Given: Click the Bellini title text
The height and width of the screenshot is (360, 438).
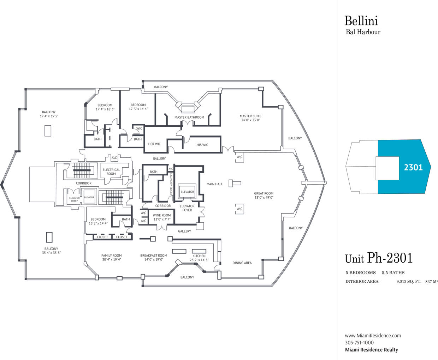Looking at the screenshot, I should pos(361,21).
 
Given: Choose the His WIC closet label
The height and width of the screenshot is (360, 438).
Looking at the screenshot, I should pos(202,145).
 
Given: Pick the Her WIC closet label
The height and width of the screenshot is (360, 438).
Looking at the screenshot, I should pos(154,144).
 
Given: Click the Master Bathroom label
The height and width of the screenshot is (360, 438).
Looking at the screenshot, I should pos(189,118).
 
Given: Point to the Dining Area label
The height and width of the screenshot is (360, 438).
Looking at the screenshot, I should pos(242,263).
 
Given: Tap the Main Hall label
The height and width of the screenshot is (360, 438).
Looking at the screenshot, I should pos(214,184).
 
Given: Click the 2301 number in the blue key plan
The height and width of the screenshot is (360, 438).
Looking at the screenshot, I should pos(413,167).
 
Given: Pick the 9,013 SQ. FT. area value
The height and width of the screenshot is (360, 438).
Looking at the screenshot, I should pos(409,282).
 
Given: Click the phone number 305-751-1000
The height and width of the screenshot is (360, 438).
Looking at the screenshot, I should pos(359,342).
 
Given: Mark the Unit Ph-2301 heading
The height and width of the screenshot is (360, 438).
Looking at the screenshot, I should pos(379,258).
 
